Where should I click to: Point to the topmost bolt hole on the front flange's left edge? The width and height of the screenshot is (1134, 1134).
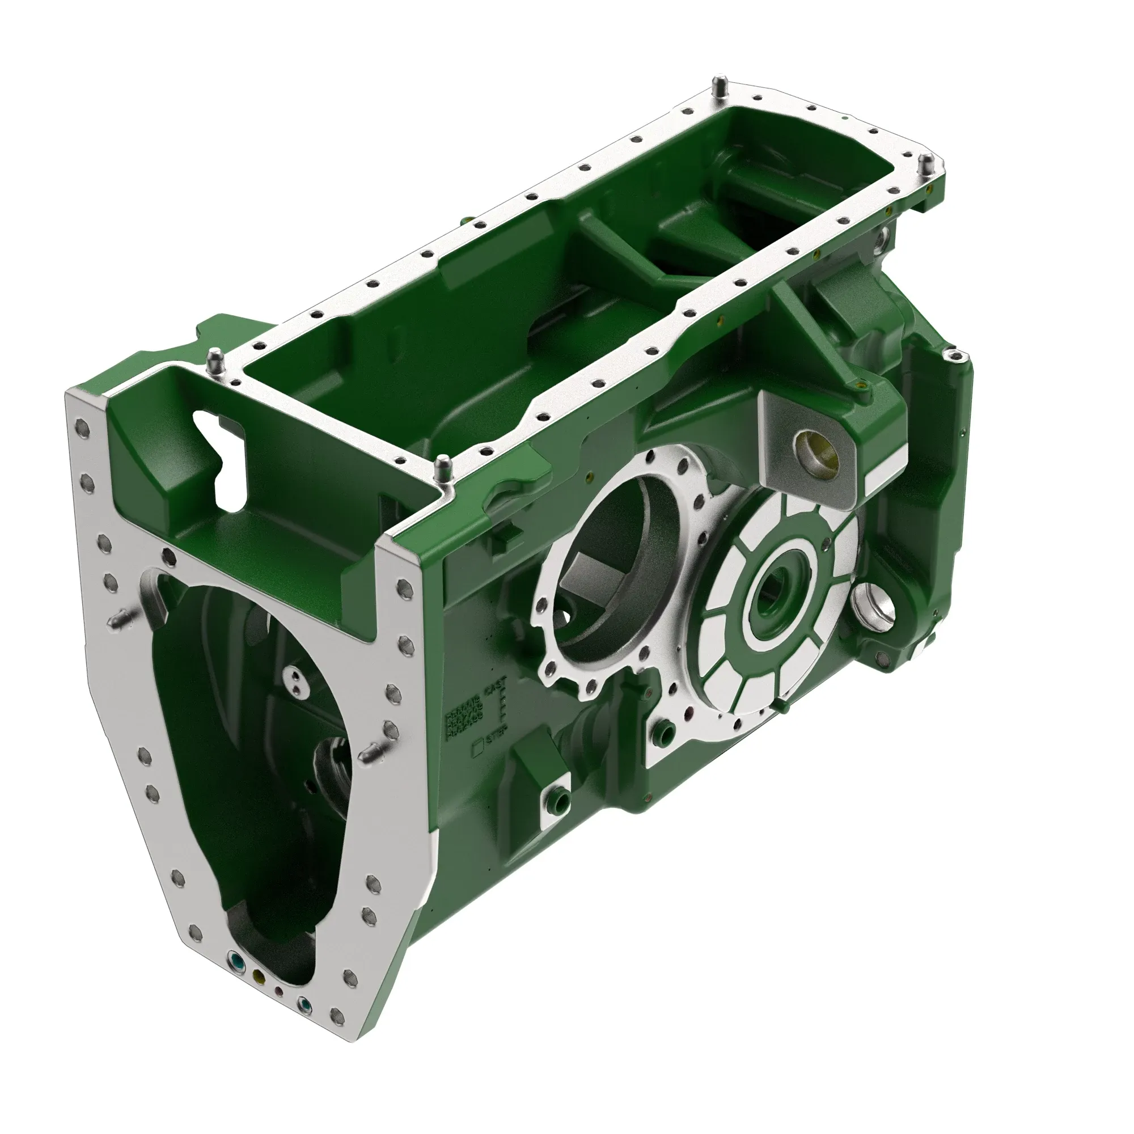(82, 424)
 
